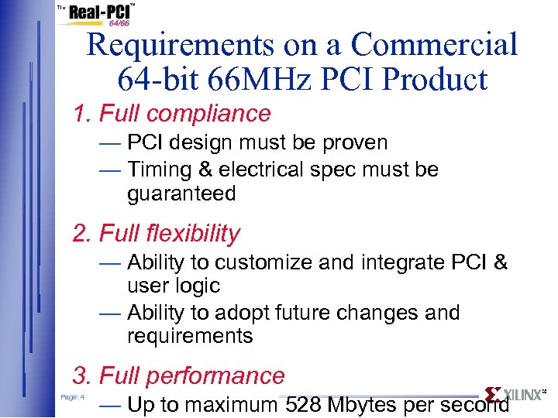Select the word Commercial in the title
[x=434, y=45]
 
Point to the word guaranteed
[x=181, y=194]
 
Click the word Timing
[x=160, y=169]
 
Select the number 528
[x=304, y=404]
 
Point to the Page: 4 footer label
[x=72, y=397]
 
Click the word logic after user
[x=195, y=286]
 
